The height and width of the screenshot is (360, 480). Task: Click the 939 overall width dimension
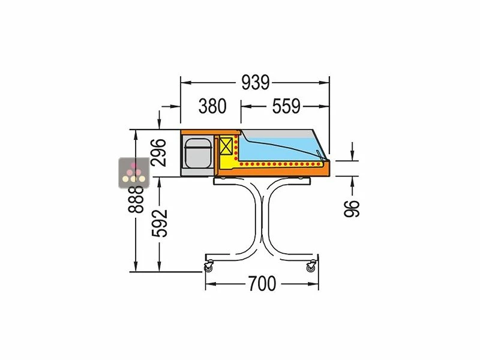(256, 82)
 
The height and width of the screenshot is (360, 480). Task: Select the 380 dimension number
(212, 106)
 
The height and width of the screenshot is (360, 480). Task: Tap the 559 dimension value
(286, 106)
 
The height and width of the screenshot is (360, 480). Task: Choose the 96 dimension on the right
(352, 207)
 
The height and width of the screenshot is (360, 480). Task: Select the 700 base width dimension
(262, 283)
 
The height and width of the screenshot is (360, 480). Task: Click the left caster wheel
(209, 268)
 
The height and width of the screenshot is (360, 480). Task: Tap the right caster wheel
(311, 268)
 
